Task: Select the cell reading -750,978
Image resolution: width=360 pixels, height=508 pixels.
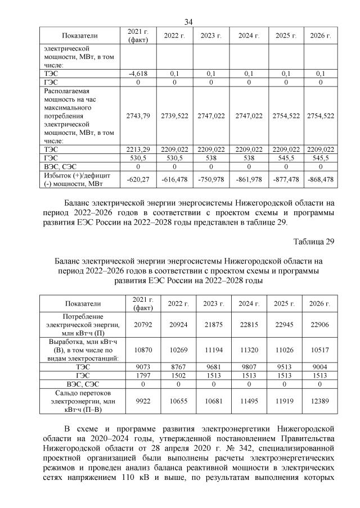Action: (x=211, y=178)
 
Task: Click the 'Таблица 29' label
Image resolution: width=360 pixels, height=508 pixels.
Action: (x=314, y=242)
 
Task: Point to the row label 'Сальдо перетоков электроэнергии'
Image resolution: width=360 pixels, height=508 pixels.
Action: (x=82, y=402)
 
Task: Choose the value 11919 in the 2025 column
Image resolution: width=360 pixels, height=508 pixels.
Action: (x=284, y=402)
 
